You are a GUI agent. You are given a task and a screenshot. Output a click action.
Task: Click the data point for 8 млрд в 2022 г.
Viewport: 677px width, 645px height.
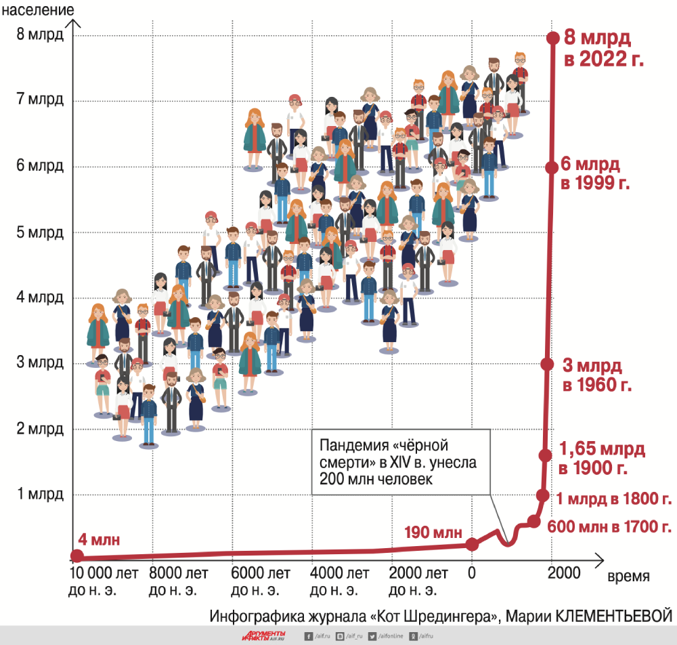point(552,38)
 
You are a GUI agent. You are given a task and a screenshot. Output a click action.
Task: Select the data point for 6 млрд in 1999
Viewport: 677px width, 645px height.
point(552,167)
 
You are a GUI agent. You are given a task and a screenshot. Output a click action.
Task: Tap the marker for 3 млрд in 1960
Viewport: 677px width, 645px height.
point(547,364)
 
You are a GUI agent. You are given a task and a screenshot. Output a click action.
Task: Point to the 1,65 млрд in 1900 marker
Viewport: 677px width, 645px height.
point(545,455)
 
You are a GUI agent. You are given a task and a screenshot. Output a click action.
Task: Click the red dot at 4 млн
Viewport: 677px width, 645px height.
point(77,556)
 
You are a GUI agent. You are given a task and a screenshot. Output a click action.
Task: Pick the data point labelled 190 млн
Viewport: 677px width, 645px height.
point(472,543)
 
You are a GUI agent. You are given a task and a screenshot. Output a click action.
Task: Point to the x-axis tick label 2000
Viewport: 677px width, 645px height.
point(563,574)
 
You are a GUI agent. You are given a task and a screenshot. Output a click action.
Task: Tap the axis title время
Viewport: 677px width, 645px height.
point(628,577)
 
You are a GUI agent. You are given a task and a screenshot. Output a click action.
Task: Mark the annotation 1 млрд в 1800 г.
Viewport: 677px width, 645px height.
point(613,500)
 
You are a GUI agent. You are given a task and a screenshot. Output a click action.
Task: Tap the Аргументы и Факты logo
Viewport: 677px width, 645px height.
point(264,636)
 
